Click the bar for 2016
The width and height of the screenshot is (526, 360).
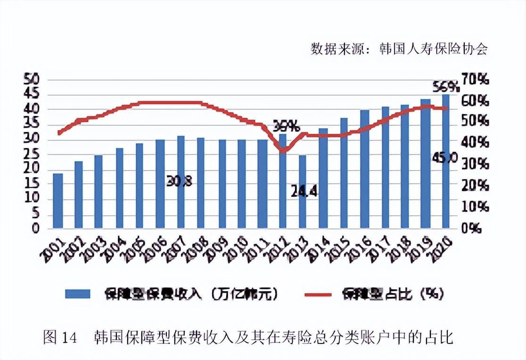coord(364,170)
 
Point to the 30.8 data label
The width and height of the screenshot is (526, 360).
coord(180,181)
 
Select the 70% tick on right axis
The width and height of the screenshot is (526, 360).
coord(475,80)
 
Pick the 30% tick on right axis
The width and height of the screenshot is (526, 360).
coord(475,164)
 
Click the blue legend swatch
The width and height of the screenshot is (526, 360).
coord(77,294)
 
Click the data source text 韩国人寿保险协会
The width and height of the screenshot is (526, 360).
coord(433,49)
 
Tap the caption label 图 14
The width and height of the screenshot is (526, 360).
coord(59,337)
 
